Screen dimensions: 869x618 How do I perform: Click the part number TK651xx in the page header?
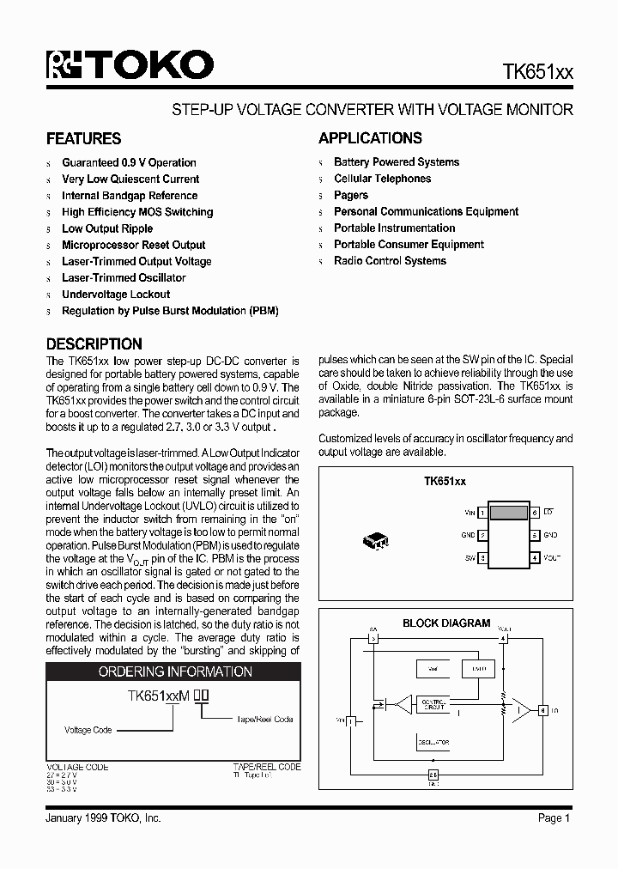(x=537, y=74)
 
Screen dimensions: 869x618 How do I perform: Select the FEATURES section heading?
(x=83, y=139)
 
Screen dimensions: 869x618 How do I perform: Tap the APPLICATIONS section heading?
(x=370, y=138)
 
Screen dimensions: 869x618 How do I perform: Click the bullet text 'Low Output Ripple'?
(x=107, y=228)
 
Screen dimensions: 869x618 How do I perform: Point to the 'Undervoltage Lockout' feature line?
(x=116, y=295)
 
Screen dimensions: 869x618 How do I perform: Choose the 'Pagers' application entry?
(x=351, y=195)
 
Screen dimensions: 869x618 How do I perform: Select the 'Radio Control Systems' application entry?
(x=390, y=261)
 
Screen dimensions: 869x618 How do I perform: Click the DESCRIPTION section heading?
(x=94, y=343)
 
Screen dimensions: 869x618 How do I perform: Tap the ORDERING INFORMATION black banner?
(x=175, y=671)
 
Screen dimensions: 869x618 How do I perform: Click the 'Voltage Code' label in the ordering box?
(x=88, y=730)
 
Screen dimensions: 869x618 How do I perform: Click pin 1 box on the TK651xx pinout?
(x=482, y=513)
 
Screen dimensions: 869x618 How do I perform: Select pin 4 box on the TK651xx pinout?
(x=534, y=557)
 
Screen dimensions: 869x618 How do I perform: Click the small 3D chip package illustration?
(x=376, y=541)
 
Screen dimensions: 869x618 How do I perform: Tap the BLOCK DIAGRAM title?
(x=446, y=623)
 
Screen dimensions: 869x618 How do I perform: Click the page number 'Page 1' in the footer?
(x=554, y=818)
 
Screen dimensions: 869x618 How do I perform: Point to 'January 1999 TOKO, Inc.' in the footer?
(x=103, y=818)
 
